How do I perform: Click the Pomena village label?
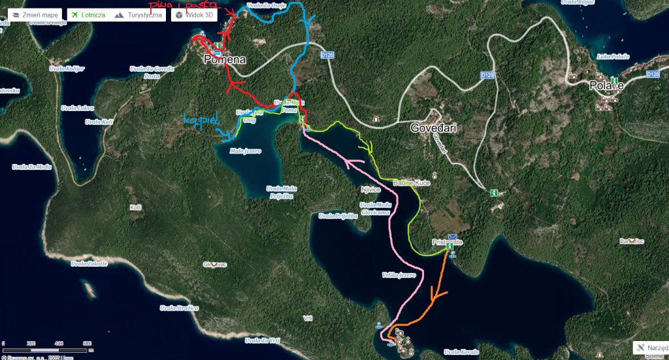(x=225, y=59)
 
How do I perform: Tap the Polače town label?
(x=606, y=86)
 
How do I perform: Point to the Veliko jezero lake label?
(x=399, y=275)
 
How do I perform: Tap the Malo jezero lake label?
(x=246, y=151)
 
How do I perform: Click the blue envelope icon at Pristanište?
(x=452, y=237)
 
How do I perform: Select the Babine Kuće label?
(x=411, y=184)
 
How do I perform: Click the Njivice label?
(x=370, y=190)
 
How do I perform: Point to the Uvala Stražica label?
(x=179, y=307)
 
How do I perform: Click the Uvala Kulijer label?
(x=68, y=67)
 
